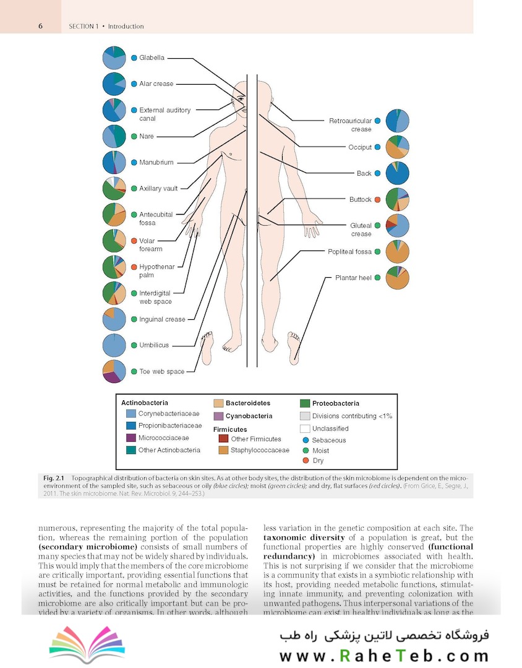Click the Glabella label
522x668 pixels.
click(152, 58)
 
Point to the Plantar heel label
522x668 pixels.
click(353, 278)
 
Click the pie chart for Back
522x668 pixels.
click(397, 173)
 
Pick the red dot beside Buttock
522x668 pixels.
click(377, 199)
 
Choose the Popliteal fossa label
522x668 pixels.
click(349, 252)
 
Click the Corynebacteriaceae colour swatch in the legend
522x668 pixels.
click(130, 413)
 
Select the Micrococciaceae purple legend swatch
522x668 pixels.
click(130, 438)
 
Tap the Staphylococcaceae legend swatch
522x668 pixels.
click(223, 450)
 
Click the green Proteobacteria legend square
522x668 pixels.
click(304, 403)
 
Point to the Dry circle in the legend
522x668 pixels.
click(305, 461)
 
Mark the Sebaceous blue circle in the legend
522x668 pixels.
click(305, 440)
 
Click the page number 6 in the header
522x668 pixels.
click(40, 26)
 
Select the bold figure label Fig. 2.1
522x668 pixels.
click(55, 479)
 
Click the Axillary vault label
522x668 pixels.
click(158, 189)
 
